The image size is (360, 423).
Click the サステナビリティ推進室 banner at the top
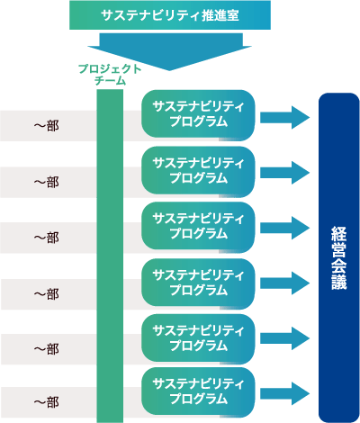pyautogui.click(x=170, y=15)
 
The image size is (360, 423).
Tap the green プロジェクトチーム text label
pyautogui.click(x=110, y=75)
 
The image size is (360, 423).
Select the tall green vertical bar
pyautogui.click(x=110, y=256)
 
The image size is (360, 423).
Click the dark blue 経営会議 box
pyautogui.click(x=338, y=257)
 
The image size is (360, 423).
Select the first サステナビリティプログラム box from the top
pyautogui.click(x=198, y=115)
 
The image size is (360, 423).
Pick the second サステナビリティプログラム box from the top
pyautogui.click(x=198, y=172)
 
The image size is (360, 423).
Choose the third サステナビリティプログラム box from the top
pyautogui.click(x=198, y=228)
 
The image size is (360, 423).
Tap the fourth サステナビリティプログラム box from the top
pyautogui.click(x=198, y=283)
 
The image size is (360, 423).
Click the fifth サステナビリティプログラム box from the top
pyautogui.click(x=198, y=339)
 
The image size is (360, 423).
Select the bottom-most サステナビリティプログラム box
pyautogui.click(x=198, y=392)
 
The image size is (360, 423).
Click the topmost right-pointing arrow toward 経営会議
pyautogui.click(x=284, y=118)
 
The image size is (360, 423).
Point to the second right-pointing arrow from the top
pyautogui.click(x=284, y=173)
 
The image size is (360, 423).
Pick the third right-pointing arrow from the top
pyautogui.click(x=284, y=228)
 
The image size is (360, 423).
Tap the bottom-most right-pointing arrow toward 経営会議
pyautogui.click(x=284, y=393)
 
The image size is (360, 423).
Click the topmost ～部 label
pyautogui.click(x=46, y=126)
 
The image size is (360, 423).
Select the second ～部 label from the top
pyautogui.click(x=46, y=182)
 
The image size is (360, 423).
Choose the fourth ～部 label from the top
pyautogui.click(x=46, y=294)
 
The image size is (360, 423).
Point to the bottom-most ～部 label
pyautogui.click(x=46, y=402)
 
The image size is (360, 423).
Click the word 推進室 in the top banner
pyautogui.click(x=220, y=15)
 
